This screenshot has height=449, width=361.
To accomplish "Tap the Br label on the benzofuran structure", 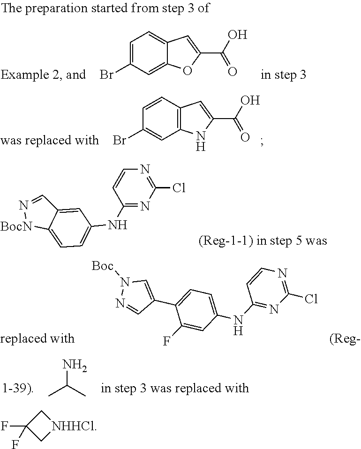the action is coord(106,75).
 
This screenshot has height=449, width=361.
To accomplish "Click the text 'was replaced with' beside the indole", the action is coord(49,140).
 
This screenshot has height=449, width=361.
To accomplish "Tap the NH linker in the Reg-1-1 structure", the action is coord(117,225).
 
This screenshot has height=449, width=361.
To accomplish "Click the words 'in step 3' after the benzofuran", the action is coord(283,75).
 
